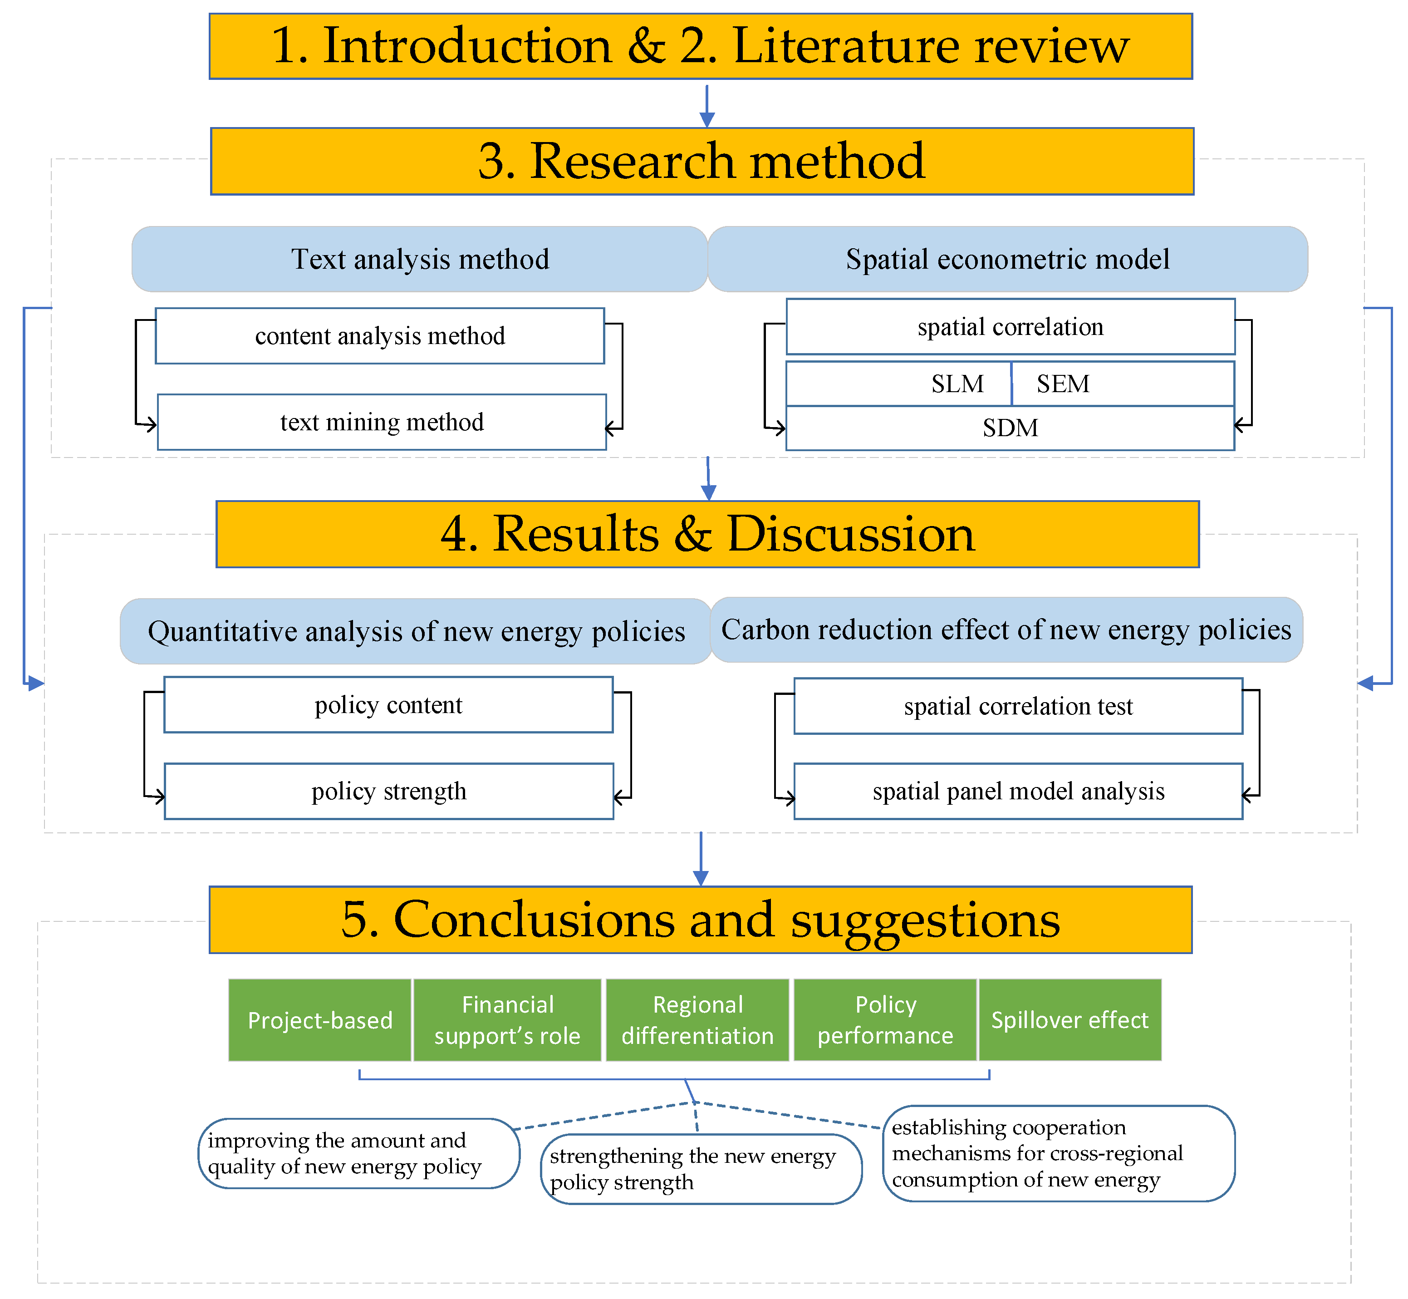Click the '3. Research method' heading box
pos(702,161)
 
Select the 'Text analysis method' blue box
pos(419,259)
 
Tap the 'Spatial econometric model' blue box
pos(1007,259)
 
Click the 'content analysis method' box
pos(379,336)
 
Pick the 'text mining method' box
pos(382,422)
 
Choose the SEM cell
pos(1122,384)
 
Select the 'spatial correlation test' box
pos(1018,706)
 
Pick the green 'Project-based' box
pos(320,1019)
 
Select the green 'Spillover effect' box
pos(1069,1019)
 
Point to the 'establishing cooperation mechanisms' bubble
pos(1058,1153)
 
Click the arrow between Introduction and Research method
pos(707,105)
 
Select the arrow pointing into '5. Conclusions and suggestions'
pos(701,861)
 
